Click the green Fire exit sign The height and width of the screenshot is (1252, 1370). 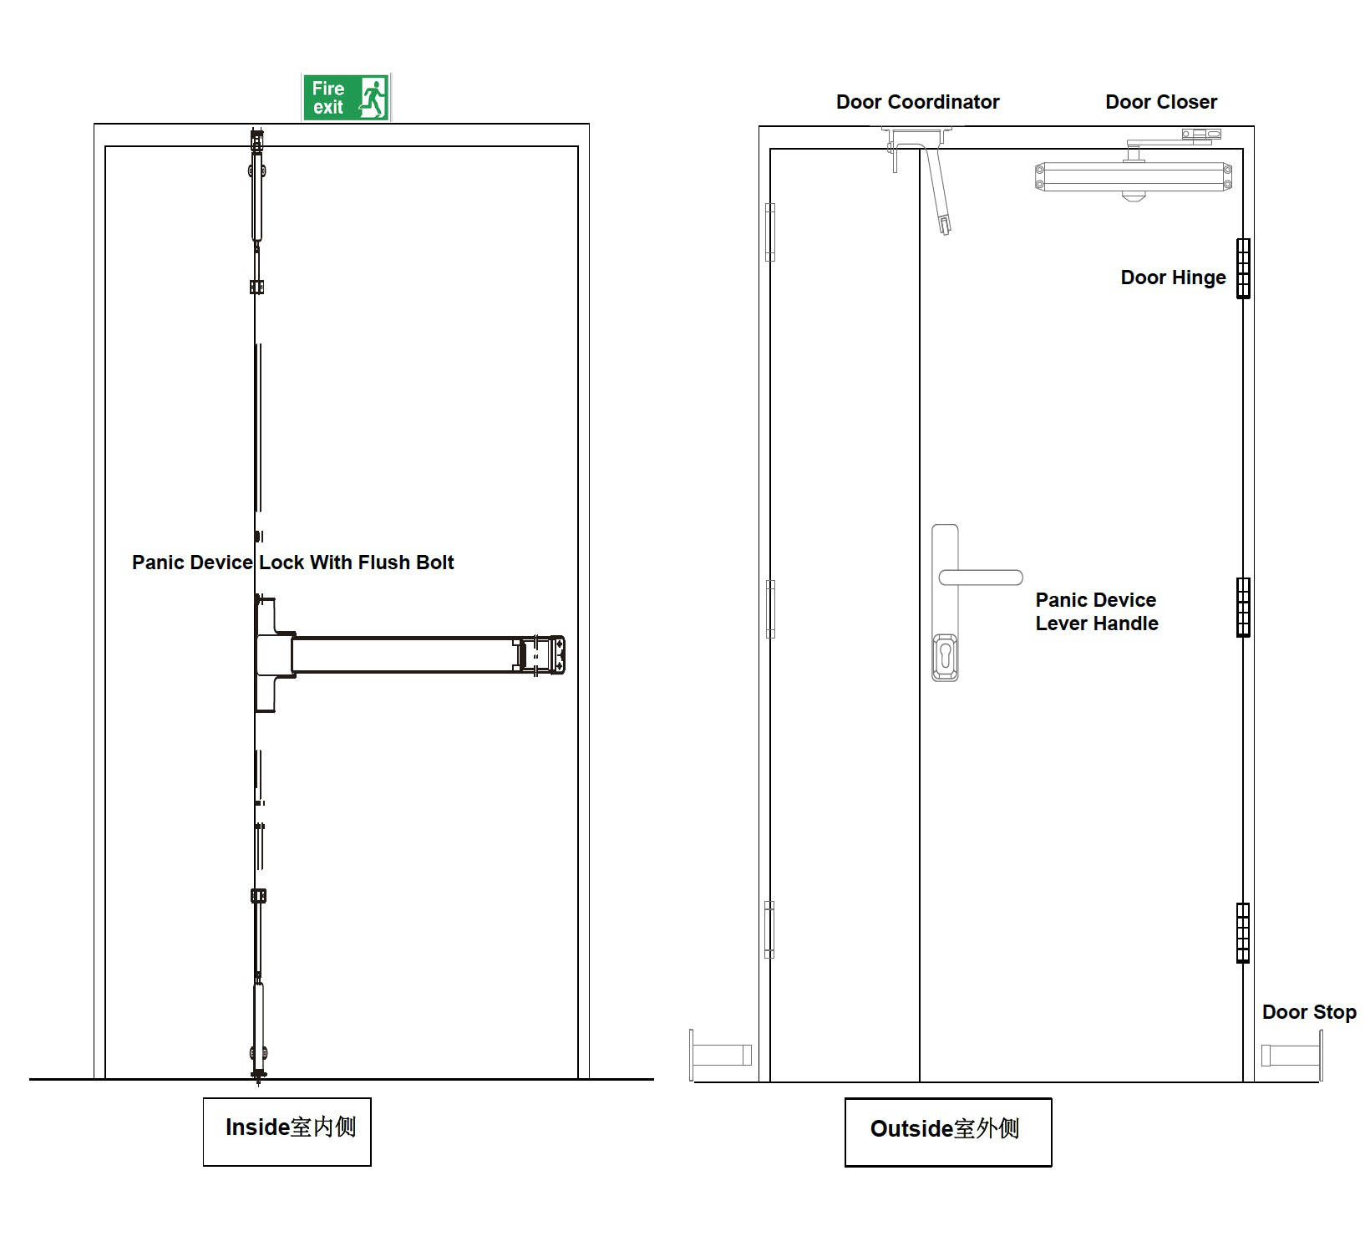point(346,98)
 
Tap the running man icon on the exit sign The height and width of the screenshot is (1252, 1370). point(373,98)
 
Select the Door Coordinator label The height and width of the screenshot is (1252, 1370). point(917,102)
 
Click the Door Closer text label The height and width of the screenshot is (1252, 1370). point(1160,102)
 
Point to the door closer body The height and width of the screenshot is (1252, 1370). point(1133,177)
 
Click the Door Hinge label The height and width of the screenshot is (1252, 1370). point(1173,277)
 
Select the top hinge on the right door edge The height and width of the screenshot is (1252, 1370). point(1243,268)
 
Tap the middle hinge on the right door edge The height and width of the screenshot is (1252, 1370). point(1243,607)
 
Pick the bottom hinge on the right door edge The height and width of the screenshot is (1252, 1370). point(1243,933)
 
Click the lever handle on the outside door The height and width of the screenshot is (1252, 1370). point(981,578)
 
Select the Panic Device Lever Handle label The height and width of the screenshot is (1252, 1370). point(1096,612)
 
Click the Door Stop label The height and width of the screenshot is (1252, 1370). point(1308,1012)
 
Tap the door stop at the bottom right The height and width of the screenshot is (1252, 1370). point(1292,1055)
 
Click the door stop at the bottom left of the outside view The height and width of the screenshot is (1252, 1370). point(720,1055)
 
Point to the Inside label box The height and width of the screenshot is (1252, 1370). point(287,1132)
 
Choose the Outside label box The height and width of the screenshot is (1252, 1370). point(947,1132)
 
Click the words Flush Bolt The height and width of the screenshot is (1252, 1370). point(406,562)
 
